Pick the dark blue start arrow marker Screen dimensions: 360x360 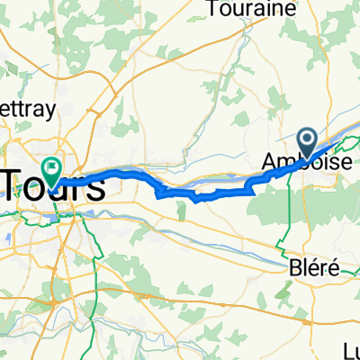click(307, 140)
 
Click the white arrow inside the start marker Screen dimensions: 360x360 click(307, 139)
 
